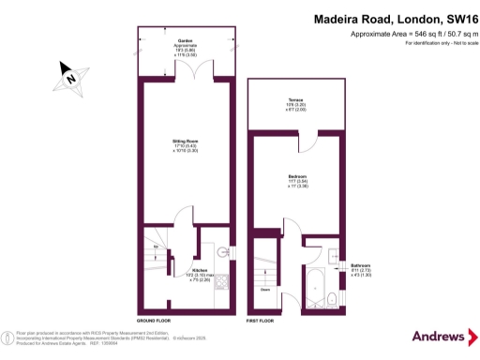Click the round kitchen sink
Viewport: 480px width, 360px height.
pyautogui.click(x=222, y=251)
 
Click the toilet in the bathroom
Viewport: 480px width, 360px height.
pyautogui.click(x=335, y=299)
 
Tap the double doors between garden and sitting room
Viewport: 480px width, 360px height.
pyautogui.click(x=185, y=79)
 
